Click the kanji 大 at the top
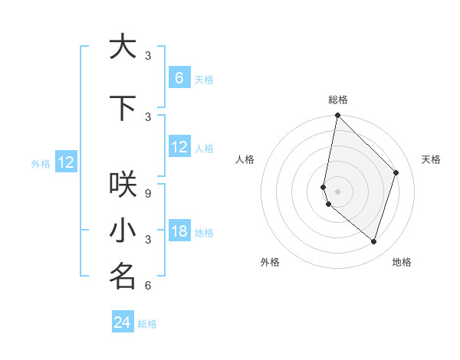123,47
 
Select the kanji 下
123,108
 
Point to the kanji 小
123,231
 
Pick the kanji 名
123,277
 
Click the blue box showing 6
179,78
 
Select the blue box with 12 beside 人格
179,147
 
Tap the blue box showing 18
179,231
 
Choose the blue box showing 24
123,322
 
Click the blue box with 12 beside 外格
66,162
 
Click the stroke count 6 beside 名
148,286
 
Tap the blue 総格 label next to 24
147,324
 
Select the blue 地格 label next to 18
204,233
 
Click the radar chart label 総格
338,100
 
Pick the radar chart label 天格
431,159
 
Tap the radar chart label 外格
270,262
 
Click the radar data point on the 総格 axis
338,116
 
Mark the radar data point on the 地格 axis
373,241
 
